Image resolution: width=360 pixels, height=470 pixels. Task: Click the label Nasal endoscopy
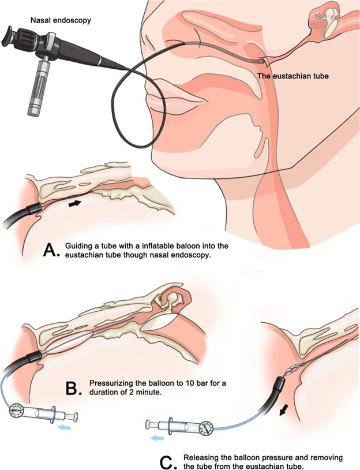click(x=61, y=20)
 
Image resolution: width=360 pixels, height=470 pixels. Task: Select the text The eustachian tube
click(x=293, y=76)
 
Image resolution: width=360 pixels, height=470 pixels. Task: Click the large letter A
click(x=50, y=250)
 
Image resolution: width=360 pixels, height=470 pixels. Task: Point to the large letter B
click(x=72, y=388)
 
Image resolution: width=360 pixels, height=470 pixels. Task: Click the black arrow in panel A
click(x=75, y=203)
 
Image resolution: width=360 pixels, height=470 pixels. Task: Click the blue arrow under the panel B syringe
click(x=64, y=427)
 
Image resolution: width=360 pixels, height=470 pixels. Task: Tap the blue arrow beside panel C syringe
click(x=157, y=438)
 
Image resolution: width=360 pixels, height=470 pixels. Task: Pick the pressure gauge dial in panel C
click(x=207, y=427)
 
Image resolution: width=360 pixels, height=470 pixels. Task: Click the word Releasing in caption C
click(x=200, y=458)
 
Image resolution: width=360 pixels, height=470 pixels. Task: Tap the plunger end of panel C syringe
click(x=148, y=424)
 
